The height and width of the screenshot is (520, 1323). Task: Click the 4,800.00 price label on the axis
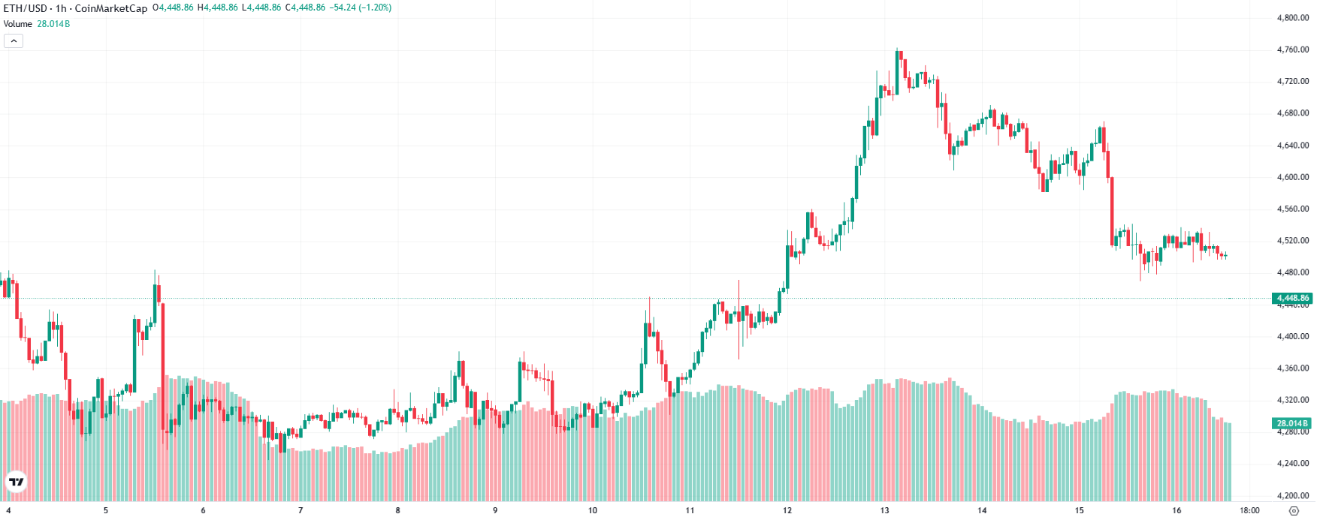pos(1292,18)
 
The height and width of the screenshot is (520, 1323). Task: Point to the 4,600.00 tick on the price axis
pos(1292,177)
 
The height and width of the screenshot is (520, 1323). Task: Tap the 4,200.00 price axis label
pos(1292,495)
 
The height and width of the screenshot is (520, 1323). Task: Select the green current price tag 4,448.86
pos(1292,298)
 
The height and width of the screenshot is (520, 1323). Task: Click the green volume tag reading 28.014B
pos(1292,423)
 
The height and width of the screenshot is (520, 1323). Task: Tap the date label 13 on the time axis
pos(884,510)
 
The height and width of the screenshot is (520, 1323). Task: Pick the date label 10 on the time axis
pos(593,510)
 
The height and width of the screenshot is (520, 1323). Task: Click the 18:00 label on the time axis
pos(1249,510)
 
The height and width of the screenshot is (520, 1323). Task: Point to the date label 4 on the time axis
pos(8,510)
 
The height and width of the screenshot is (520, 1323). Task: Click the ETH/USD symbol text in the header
pos(26,8)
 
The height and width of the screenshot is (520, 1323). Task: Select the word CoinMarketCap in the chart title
pos(111,8)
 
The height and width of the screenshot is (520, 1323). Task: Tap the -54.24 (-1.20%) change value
pos(361,8)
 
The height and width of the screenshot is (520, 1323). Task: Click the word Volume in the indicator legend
pos(18,24)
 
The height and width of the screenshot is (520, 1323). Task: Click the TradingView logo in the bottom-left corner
pos(16,482)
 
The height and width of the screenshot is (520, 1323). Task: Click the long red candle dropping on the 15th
pos(1112,211)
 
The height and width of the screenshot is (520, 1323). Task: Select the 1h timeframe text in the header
pos(61,8)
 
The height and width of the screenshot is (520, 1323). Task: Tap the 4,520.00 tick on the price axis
pos(1292,241)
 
